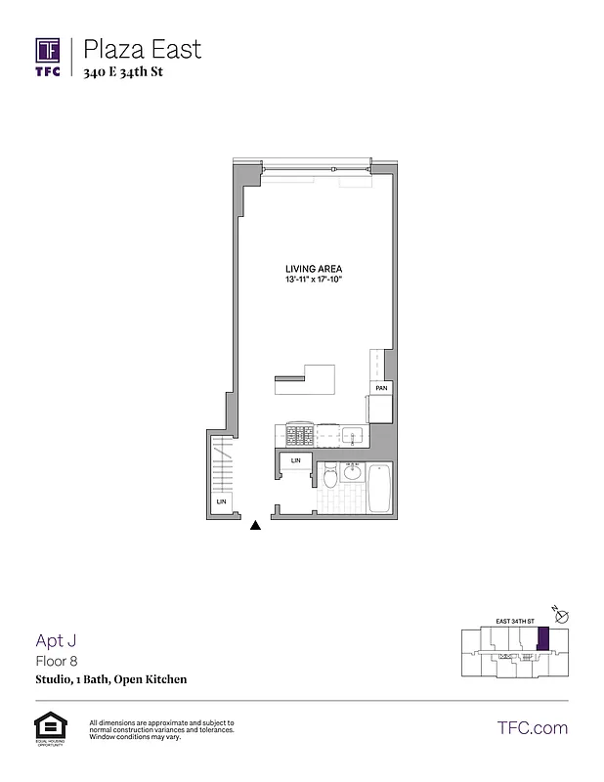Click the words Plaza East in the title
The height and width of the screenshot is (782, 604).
(x=143, y=49)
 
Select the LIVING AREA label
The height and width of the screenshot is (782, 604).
(x=313, y=269)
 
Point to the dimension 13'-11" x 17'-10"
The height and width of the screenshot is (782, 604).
(x=313, y=281)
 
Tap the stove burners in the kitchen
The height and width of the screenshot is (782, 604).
(x=299, y=432)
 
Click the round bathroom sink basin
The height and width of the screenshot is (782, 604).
(x=352, y=474)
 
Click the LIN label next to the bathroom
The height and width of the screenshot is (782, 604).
(x=296, y=460)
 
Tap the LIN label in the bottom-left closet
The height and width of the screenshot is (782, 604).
(x=221, y=502)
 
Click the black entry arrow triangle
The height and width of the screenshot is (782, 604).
(x=256, y=525)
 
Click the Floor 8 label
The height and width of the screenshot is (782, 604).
(x=58, y=661)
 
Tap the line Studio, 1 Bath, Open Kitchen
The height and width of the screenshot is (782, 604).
(x=110, y=679)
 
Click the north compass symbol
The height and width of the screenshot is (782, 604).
(x=561, y=614)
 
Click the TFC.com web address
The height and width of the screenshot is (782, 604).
(x=533, y=727)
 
